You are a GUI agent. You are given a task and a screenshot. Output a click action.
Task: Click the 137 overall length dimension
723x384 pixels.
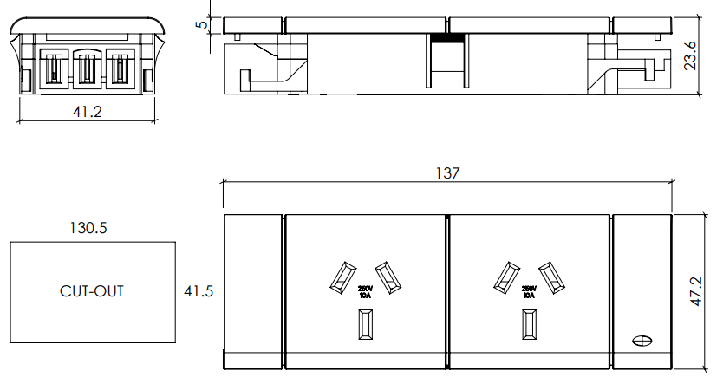pyautogui.click(x=446, y=173)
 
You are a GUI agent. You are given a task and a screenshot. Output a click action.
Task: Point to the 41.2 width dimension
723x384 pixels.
pyautogui.click(x=86, y=112)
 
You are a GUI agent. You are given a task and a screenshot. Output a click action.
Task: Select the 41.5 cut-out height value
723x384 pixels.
pyautogui.click(x=199, y=291)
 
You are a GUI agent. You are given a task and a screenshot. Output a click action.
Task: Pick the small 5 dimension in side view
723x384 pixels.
pyautogui.click(x=203, y=25)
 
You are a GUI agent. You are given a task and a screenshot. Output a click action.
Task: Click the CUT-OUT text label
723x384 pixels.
pyautogui.click(x=91, y=291)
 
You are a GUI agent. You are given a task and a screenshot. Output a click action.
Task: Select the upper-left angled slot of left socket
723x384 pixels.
pyautogui.click(x=341, y=276)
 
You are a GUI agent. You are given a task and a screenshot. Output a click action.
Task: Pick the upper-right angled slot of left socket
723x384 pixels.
pyautogui.click(x=387, y=276)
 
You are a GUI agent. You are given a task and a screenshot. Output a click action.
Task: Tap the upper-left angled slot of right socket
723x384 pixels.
pyautogui.click(x=505, y=276)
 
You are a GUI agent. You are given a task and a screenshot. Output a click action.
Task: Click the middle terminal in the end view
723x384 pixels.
pyautogui.click(x=86, y=68)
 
